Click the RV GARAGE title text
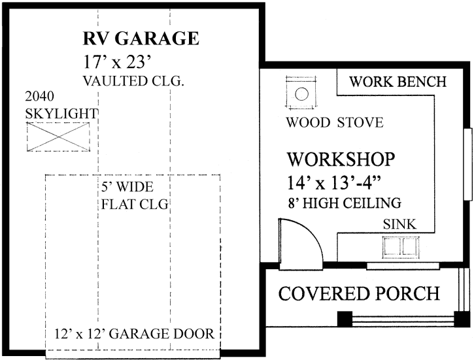pos(141,39)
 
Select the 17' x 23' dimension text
pos(118,63)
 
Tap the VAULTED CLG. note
pos(134,82)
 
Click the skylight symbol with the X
pos(57,137)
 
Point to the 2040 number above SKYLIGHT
pos(39,97)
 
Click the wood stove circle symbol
pos(301,93)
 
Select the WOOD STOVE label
pos(335,123)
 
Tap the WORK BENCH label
pos(398,82)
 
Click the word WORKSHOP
pos(341,159)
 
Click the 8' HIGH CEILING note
pos(344,202)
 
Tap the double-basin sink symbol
pos(400,248)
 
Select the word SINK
pos(399,225)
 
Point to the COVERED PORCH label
pos(359,293)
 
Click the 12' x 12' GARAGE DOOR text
pos(134,334)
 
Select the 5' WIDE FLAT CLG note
pos(135,195)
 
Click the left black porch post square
pos(344,319)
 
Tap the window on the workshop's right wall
pos(467,163)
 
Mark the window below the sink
pos(399,265)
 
